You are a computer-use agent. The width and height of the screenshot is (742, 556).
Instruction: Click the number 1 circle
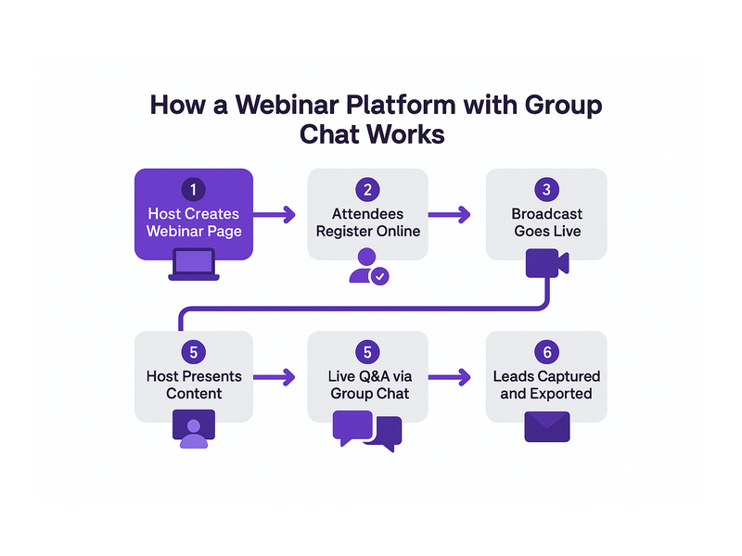pos(193,190)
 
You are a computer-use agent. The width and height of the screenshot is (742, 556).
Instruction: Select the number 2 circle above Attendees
pos(367,190)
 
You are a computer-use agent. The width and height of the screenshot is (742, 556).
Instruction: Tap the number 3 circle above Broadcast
pos(546,190)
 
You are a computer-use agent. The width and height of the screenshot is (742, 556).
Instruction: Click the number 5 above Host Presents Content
pos(193,352)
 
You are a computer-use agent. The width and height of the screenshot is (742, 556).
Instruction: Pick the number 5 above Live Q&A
pos(367,352)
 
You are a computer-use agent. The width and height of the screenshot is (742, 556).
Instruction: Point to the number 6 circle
pos(546,352)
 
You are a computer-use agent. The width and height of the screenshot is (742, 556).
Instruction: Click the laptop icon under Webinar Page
pos(194,265)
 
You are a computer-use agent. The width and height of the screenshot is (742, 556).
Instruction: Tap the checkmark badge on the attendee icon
pos(379,276)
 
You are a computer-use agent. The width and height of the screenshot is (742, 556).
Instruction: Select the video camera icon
pos(547,263)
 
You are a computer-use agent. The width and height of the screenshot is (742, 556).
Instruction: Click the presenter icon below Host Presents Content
pos(194,429)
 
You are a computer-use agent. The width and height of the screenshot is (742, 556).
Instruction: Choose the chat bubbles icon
pos(367,431)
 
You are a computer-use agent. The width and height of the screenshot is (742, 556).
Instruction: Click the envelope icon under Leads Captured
pos(547,427)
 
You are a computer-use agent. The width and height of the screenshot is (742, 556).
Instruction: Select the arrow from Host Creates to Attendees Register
pos(275,215)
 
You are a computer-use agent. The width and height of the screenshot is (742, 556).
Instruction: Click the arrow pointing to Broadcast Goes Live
pos(450,215)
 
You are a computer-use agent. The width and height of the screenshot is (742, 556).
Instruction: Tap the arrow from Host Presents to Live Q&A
pos(275,377)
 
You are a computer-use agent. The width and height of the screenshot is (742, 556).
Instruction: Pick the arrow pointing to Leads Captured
pos(450,377)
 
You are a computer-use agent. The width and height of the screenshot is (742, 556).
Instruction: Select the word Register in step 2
pos(339,232)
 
